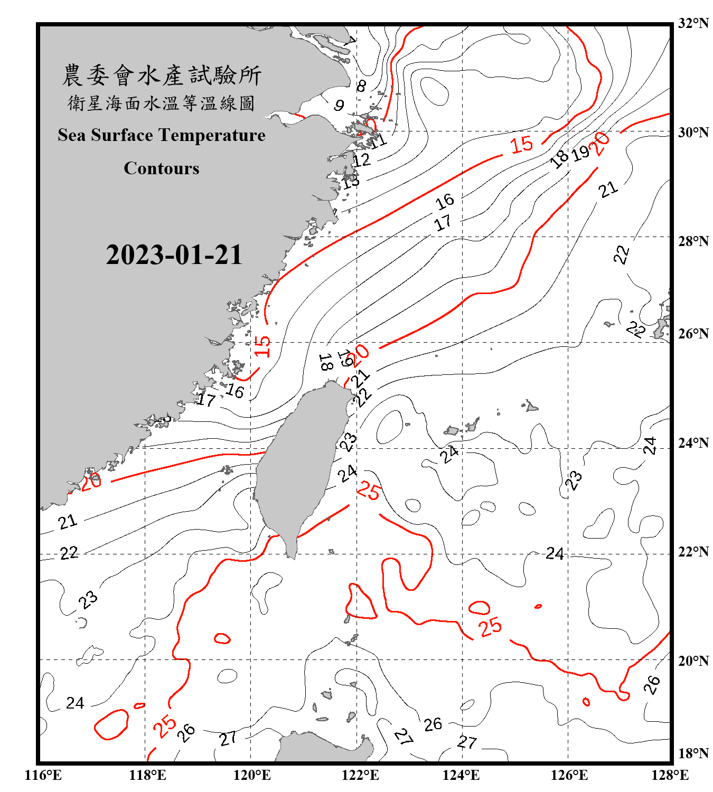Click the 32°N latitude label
click(x=693, y=23)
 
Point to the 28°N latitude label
click(x=693, y=241)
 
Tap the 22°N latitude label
click(x=693, y=552)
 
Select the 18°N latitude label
click(x=693, y=753)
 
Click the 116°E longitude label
click(x=43, y=775)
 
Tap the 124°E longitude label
click(x=461, y=775)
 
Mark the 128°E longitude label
click(x=670, y=775)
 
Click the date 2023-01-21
click(x=174, y=255)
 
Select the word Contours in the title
click(x=162, y=168)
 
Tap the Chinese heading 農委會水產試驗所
click(x=162, y=76)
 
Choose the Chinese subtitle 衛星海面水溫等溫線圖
click(x=162, y=103)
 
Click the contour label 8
click(x=361, y=86)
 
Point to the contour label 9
click(x=339, y=106)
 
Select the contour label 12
click(x=362, y=160)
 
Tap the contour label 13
click(x=350, y=182)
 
